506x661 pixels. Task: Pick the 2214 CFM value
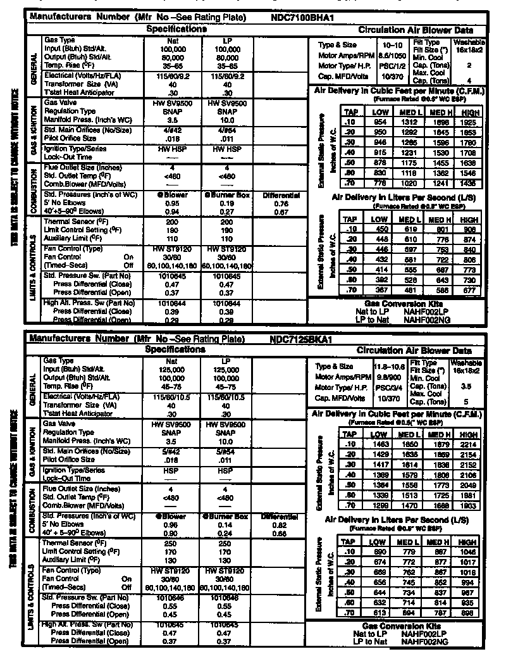click(469, 444)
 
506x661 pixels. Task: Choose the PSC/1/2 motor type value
click(390, 65)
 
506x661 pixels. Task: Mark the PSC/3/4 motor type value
click(390, 387)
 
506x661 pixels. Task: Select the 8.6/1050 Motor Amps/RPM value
click(390, 56)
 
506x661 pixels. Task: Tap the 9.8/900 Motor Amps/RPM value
click(390, 377)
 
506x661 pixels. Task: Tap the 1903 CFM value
click(469, 507)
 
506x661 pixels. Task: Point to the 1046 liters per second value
click(469, 551)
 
